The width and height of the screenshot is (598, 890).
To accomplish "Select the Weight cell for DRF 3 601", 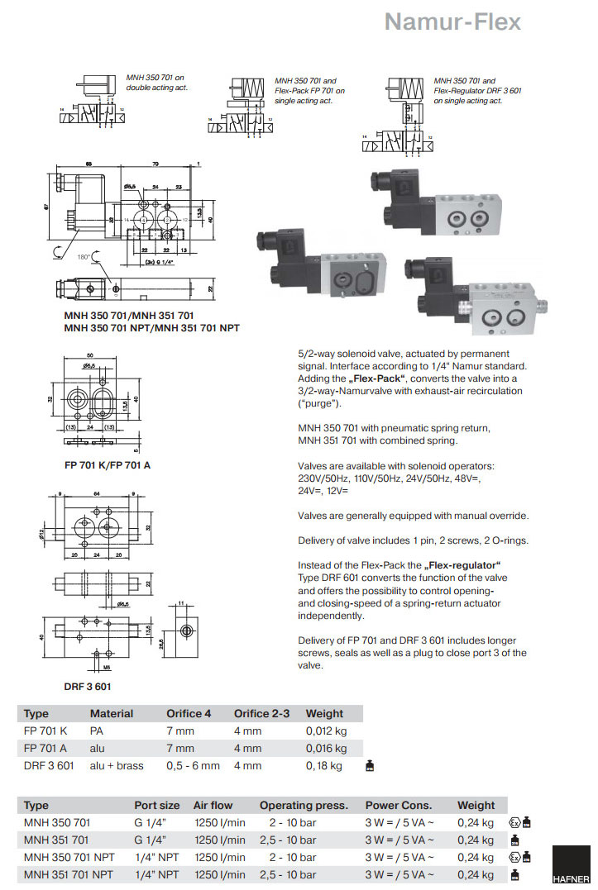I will (x=323, y=766).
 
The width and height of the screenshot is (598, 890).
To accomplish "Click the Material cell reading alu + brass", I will (x=117, y=766).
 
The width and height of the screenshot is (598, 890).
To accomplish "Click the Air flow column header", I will (x=213, y=805).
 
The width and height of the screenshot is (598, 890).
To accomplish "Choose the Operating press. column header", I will (x=304, y=805).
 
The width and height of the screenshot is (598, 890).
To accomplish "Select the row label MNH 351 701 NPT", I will (x=69, y=874).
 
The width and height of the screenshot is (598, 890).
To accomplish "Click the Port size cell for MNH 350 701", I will (x=151, y=822).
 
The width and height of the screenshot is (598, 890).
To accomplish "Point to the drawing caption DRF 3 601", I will (x=88, y=686).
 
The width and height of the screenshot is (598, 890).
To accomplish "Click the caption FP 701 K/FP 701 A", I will (x=108, y=464).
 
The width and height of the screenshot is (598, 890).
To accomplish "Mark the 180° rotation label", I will (x=84, y=257).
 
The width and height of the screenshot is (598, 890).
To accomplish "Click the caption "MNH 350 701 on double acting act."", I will (x=157, y=83).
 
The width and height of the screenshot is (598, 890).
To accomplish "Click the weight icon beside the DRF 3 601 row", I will (x=370, y=766).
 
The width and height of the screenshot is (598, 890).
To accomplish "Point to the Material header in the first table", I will (x=112, y=713).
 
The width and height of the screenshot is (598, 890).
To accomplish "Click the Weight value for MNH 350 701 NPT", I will (x=476, y=857).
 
